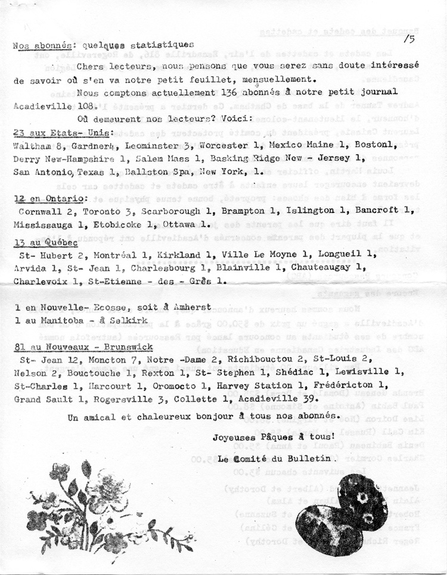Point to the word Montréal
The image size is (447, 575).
[110, 254]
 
